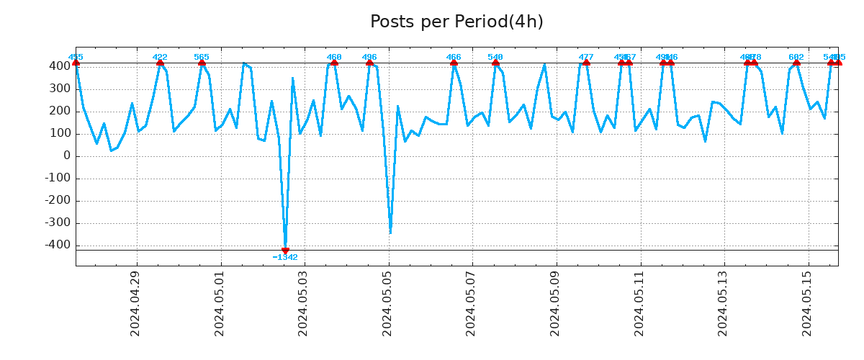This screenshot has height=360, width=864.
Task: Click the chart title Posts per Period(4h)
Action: pyautogui.click(x=456, y=22)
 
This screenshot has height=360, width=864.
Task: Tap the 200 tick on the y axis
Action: pyautogui.click(x=60, y=112)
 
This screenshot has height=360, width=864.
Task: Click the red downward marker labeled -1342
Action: pyautogui.click(x=285, y=251)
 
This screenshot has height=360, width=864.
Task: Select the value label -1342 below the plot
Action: pyautogui.click(x=285, y=258)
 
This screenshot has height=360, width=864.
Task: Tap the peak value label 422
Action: pyautogui.click(x=160, y=57)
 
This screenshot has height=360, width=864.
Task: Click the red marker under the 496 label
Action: pyautogui.click(x=369, y=63)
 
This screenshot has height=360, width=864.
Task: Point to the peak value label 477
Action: pyautogui.click(x=586, y=57)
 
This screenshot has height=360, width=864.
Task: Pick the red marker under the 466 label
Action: pyautogui.click(x=454, y=63)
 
